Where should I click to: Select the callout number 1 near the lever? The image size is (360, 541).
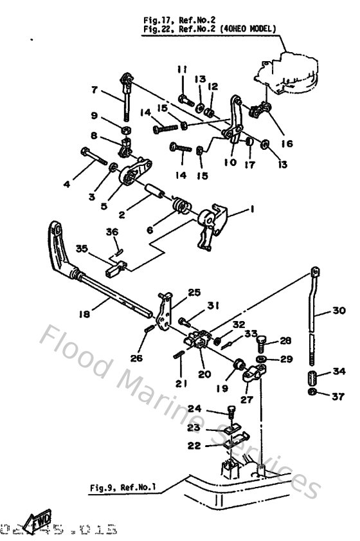point(251,210)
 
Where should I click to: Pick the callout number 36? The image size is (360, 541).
point(112,232)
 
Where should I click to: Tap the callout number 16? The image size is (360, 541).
point(287,144)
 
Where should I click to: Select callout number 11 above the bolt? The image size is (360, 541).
point(182,69)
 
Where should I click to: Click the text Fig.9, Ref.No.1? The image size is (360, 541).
point(122,488)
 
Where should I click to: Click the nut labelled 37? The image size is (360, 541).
point(313,392)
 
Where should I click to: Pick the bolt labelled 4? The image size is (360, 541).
point(93,156)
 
